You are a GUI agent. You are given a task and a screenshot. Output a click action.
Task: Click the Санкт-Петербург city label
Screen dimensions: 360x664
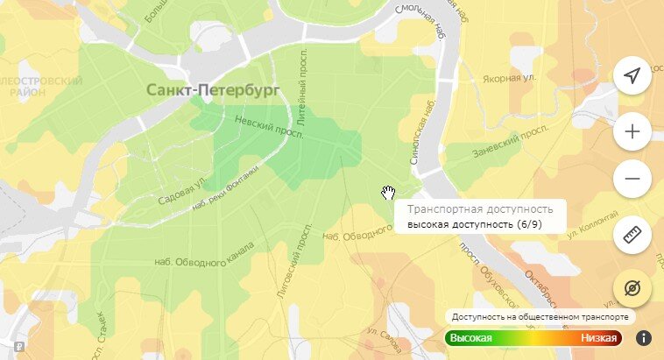(x=212, y=89)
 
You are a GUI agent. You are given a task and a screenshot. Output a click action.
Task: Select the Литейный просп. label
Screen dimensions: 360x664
(x=313, y=103)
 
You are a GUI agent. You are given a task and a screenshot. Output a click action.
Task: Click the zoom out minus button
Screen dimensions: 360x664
(x=632, y=180)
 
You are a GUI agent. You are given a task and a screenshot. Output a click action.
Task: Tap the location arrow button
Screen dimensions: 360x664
(x=632, y=76)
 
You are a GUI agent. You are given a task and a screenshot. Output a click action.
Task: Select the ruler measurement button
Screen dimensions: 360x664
(x=632, y=234)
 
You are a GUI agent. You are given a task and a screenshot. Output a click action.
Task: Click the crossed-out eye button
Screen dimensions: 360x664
(x=632, y=286)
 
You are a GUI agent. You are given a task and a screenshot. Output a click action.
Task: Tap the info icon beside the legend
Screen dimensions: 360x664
(x=643, y=337)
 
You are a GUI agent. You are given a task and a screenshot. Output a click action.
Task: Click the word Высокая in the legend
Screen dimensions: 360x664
(x=471, y=338)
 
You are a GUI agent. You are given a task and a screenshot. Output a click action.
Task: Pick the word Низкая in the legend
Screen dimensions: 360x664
(x=599, y=338)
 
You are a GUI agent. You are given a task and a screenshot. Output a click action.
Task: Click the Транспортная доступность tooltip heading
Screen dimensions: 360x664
(x=480, y=210)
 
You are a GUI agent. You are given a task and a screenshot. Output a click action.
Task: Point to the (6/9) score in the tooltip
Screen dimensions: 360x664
(x=534, y=225)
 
